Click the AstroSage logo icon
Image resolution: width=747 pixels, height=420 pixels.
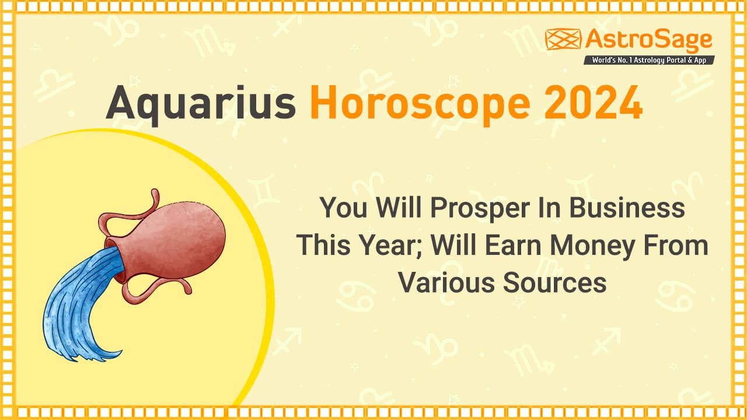tap(563, 39)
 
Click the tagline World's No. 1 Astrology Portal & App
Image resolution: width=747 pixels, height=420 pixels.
tap(649, 60)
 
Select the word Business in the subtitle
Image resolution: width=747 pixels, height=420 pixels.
tap(627, 207)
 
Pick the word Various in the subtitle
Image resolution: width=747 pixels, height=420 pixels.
tap(447, 283)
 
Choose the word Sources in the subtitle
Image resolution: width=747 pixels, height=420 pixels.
tap(554, 283)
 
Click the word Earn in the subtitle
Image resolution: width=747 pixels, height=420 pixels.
tap(513, 245)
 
